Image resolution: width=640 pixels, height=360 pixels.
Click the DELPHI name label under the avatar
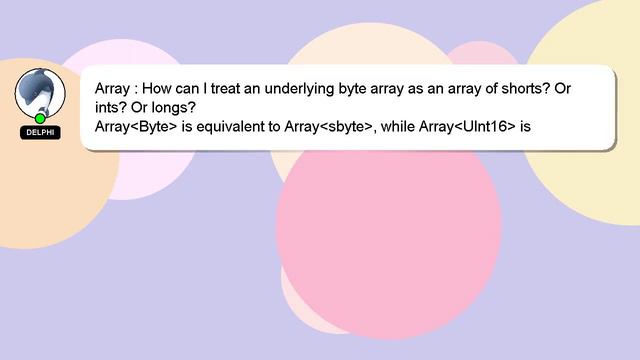(x=40, y=132)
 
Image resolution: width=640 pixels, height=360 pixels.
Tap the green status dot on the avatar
(x=40, y=118)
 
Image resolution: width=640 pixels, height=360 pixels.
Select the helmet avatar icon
(x=40, y=92)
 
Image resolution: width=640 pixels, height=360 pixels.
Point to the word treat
(x=241, y=89)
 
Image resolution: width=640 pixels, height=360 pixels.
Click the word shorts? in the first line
(x=524, y=89)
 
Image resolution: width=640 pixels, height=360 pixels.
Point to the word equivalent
(x=233, y=127)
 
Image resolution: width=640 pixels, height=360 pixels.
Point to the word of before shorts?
(x=487, y=89)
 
